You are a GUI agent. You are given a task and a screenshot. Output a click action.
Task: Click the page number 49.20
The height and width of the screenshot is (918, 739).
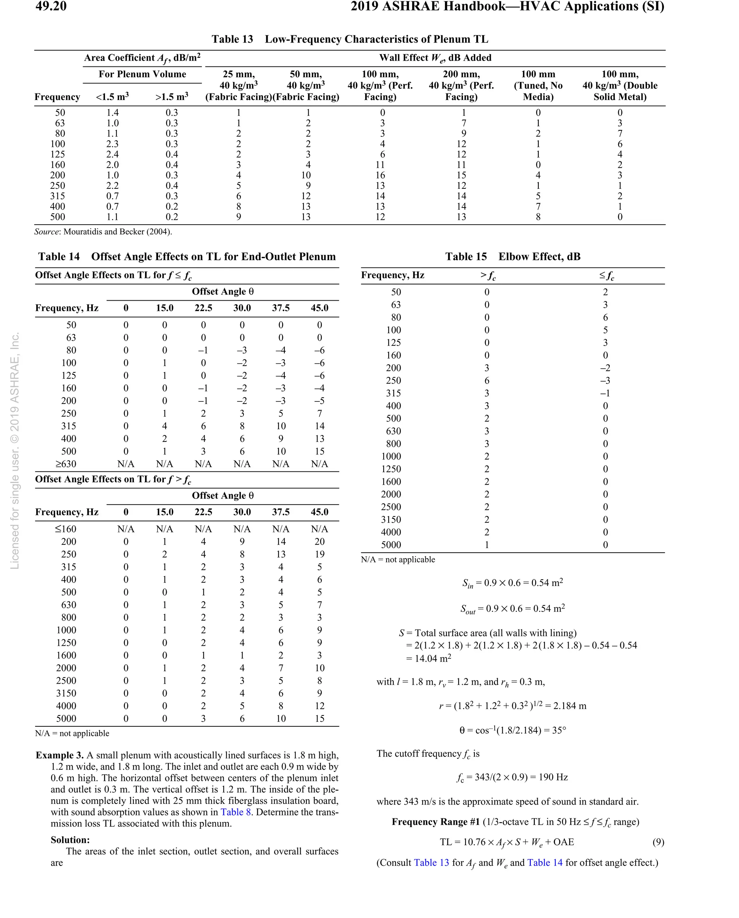tap(51, 6)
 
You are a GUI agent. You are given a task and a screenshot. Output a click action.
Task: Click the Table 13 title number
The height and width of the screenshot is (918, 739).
tap(232, 39)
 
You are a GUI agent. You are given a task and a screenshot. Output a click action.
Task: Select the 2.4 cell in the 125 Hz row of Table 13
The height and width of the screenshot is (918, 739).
tap(112, 154)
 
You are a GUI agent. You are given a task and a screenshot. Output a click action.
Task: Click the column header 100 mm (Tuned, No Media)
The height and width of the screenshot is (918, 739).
tap(538, 85)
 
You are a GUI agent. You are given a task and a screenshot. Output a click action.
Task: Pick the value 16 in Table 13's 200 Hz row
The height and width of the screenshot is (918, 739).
tap(380, 175)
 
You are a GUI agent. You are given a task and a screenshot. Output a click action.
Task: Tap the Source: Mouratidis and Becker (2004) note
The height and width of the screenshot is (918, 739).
tap(103, 232)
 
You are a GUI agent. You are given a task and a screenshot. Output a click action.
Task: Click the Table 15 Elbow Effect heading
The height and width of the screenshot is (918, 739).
tap(512, 256)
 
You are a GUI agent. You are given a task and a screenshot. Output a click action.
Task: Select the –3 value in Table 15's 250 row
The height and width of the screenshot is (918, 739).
tap(605, 380)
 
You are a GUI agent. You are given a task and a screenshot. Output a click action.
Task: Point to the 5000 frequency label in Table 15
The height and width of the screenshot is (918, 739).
tap(391, 545)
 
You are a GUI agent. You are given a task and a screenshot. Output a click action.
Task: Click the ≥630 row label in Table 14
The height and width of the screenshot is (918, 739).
tap(66, 464)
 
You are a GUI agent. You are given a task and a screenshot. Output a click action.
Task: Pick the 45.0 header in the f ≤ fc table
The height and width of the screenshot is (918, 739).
tap(319, 308)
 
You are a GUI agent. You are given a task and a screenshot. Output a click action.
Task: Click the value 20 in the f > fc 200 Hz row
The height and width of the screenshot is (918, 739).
tap(319, 541)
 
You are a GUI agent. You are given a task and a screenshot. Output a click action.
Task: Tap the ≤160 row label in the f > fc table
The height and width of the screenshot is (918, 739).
tap(66, 529)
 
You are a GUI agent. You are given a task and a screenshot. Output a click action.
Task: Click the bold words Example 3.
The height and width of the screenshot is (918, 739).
tap(60, 755)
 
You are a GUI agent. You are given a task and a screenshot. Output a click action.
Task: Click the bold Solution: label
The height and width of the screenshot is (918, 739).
tap(70, 840)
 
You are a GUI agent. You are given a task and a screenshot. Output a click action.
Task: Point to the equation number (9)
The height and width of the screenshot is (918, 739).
tap(658, 842)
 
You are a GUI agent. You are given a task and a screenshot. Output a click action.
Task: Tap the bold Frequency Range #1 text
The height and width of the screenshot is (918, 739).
tap(436, 822)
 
